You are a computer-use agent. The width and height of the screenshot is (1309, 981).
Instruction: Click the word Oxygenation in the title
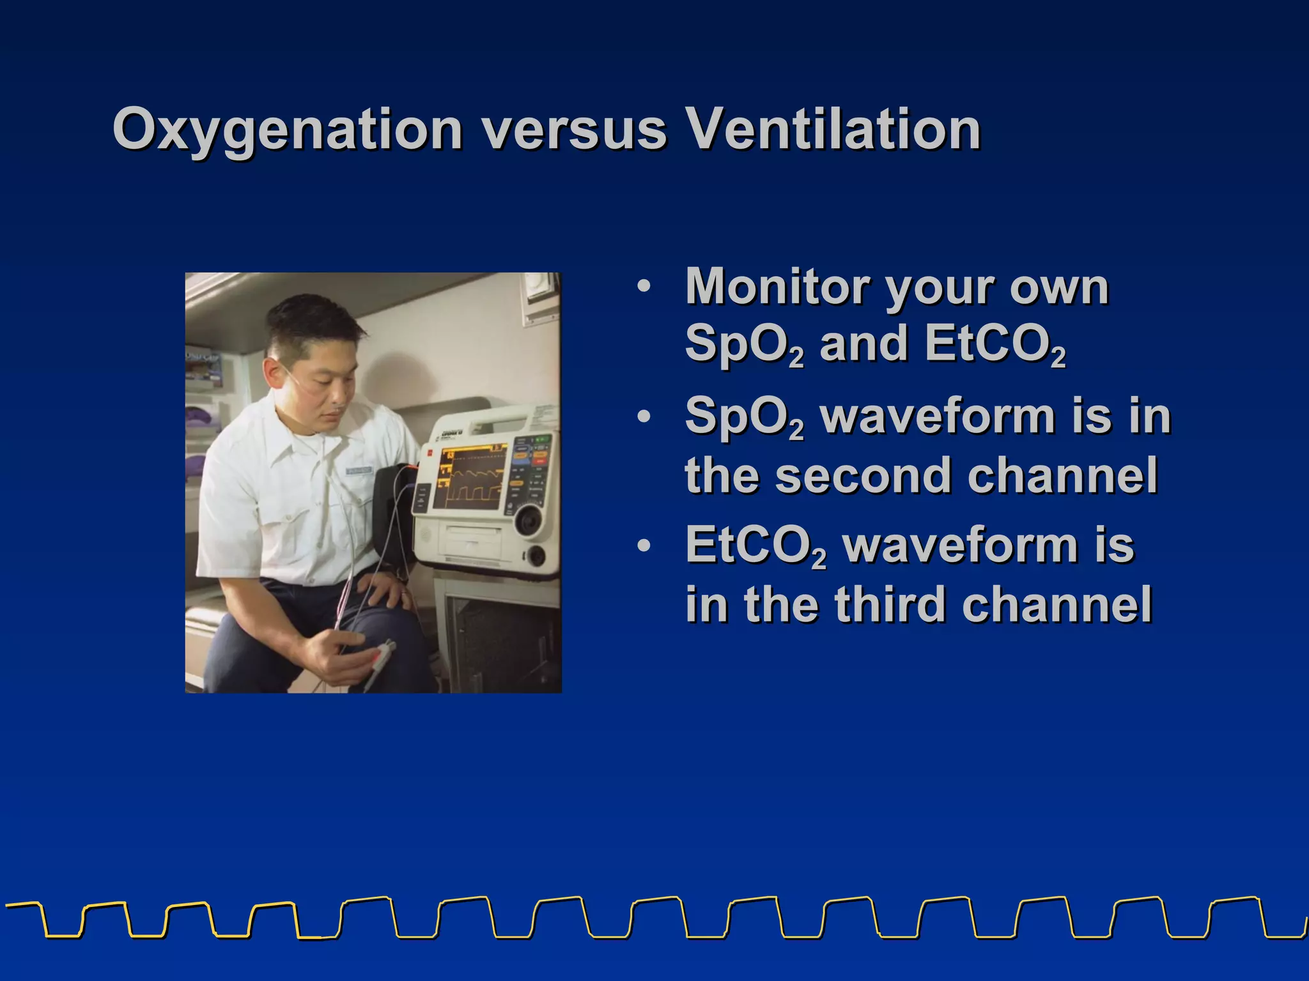[x=287, y=130]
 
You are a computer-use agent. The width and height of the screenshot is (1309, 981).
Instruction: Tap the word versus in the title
[x=573, y=130]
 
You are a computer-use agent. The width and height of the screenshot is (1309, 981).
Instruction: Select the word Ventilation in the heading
[x=833, y=130]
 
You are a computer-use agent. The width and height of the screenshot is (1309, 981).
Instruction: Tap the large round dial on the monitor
[x=529, y=521]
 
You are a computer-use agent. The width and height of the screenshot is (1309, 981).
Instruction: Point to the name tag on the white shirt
[x=359, y=471]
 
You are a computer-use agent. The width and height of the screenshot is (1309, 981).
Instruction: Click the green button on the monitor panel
[x=541, y=440]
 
